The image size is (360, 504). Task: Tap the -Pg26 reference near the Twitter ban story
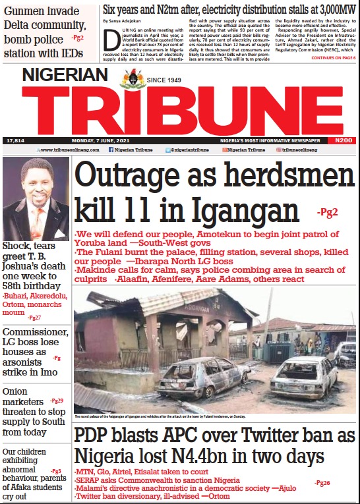[x=322, y=484]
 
